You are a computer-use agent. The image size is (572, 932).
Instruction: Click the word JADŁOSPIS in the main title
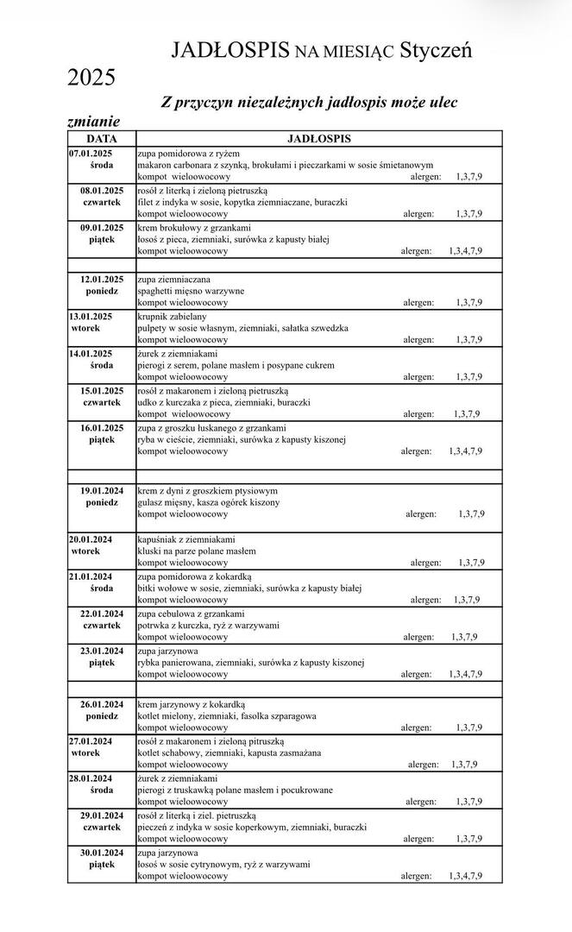[229, 50]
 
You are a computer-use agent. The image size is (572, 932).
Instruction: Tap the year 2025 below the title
[91, 79]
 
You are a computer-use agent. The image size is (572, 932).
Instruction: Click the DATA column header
[101, 138]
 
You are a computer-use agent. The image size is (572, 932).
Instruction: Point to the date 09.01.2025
[102, 228]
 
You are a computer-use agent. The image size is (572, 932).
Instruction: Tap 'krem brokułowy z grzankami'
[191, 228]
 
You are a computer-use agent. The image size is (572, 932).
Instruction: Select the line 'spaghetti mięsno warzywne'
[191, 291]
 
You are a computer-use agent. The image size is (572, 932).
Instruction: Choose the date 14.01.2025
[91, 353]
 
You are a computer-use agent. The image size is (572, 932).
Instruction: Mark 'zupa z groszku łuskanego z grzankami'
[211, 428]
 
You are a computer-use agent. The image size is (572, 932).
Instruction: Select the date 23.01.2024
[102, 651]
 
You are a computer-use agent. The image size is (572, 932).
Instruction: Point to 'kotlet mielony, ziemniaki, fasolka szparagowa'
[227, 715]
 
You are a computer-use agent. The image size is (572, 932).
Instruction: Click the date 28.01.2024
[91, 778]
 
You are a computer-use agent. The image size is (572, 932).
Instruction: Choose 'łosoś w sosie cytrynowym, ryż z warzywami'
[223, 864]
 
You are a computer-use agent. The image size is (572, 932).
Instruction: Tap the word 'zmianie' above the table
[93, 121]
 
